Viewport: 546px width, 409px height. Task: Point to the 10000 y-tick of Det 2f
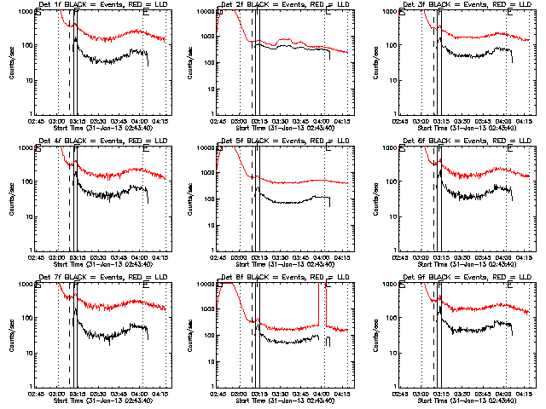pyautogui.click(x=205, y=12)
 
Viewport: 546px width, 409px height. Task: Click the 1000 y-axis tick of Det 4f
pyautogui.click(x=24, y=148)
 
